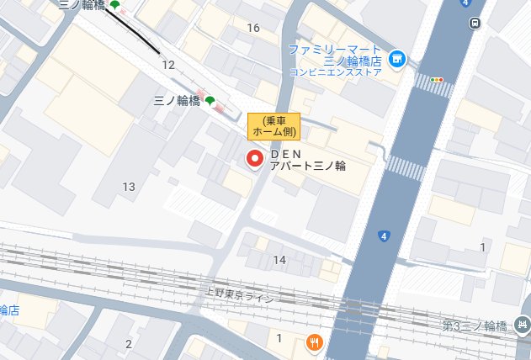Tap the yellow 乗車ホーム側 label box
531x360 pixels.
click(x=273, y=125)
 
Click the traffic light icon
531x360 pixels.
click(x=436, y=80)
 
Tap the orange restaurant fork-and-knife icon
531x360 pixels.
click(x=314, y=341)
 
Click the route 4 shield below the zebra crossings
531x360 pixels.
click(x=384, y=236)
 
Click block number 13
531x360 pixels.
click(x=129, y=186)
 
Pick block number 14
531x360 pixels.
click(x=279, y=260)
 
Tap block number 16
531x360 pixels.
click(x=253, y=28)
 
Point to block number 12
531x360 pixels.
click(x=168, y=65)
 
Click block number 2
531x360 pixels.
click(x=129, y=344)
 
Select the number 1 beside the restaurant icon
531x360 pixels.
click(x=279, y=338)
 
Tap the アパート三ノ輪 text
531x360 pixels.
click(x=307, y=167)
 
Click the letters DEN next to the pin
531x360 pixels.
click(x=285, y=155)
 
